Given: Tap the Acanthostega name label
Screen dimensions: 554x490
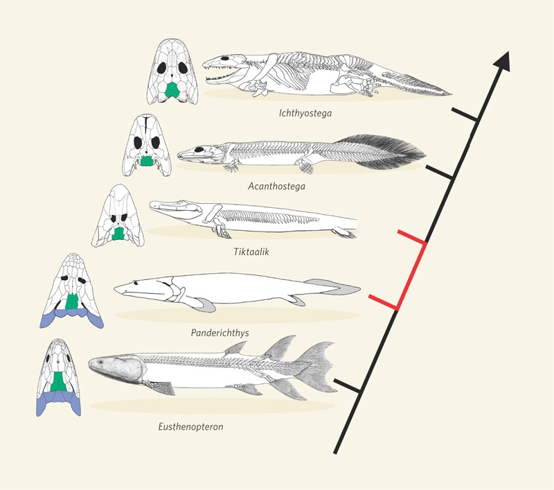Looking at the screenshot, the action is click(x=276, y=186).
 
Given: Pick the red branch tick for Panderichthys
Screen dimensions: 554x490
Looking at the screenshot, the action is click(x=384, y=303).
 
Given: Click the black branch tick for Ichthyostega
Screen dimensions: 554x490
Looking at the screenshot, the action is click(x=464, y=114).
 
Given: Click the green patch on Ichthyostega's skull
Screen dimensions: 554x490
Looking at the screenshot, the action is click(x=172, y=91).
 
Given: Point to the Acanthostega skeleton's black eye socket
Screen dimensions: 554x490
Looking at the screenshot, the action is click(x=199, y=150).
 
